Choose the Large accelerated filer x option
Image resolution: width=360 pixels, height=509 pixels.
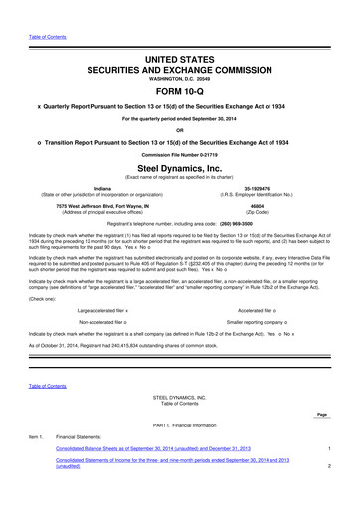[103, 309]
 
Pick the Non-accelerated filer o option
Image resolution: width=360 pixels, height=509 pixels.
[103, 323]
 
